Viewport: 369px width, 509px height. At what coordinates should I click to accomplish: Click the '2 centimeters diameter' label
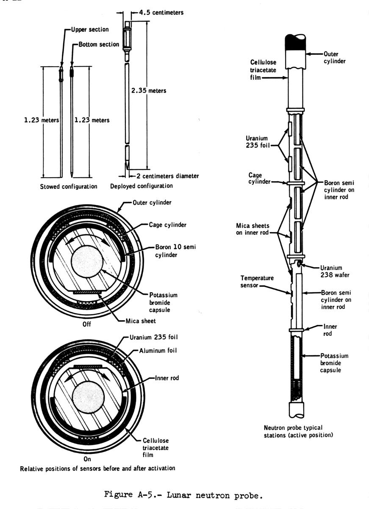tap(168, 176)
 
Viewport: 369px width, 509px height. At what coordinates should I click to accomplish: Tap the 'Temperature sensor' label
tap(257, 282)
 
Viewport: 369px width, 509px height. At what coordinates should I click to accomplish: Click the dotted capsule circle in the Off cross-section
tap(87, 260)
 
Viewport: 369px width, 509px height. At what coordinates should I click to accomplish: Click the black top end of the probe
tap(297, 42)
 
